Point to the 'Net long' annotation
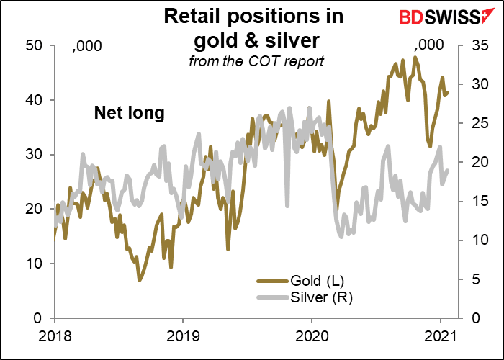point(130,112)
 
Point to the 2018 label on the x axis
point(54,335)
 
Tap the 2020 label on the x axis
point(311,335)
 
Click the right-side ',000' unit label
point(430,47)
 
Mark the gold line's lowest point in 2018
point(140,279)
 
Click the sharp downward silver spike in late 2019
point(287,205)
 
